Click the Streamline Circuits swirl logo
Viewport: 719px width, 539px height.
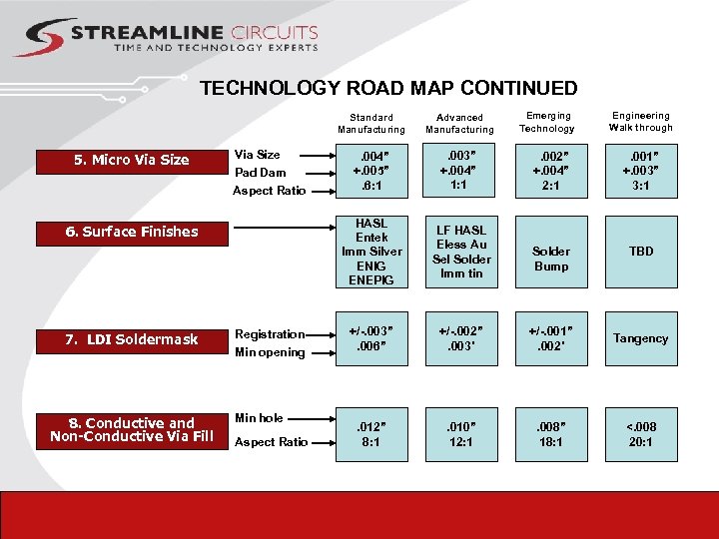[41, 37]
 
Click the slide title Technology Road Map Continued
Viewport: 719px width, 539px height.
[388, 88]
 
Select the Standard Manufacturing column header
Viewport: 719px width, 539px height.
[371, 123]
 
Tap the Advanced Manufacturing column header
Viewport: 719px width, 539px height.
[459, 123]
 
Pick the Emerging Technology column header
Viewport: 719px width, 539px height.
[548, 122]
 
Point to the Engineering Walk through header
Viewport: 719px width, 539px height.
[641, 122]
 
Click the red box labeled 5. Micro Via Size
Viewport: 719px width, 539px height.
[132, 160]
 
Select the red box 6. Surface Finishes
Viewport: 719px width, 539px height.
[132, 232]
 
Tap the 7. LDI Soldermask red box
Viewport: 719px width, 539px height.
[132, 339]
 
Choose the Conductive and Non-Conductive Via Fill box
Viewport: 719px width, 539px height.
[132, 429]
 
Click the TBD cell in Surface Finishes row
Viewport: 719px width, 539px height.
[641, 252]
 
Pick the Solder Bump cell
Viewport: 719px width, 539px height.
[550, 259]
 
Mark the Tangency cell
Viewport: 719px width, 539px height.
[641, 338]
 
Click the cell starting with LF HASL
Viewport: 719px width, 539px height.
[460, 252]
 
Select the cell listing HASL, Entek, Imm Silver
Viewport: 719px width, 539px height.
[371, 252]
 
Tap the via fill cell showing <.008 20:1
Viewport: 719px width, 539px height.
[641, 434]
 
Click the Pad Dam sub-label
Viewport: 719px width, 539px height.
[260, 173]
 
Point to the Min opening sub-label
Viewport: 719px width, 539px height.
[269, 352]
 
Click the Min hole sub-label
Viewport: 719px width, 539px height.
[258, 418]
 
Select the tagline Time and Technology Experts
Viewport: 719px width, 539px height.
[216, 47]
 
